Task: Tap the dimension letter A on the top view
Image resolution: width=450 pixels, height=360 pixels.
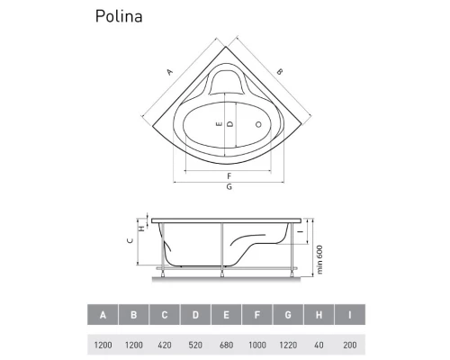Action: coord(170,72)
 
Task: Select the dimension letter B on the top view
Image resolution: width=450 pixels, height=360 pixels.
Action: coord(279,71)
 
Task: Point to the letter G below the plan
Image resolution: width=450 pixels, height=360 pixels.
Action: coord(229,186)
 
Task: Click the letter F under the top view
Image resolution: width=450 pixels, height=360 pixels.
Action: coord(229,175)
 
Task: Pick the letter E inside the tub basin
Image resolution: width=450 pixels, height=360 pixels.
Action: coord(218,123)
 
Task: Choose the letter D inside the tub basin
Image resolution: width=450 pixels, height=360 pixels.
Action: coord(230,123)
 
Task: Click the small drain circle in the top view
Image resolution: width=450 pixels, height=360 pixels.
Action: coord(259,123)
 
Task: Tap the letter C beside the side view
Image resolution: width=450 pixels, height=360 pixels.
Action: coord(130,241)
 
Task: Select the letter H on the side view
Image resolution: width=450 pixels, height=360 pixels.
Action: coord(141,227)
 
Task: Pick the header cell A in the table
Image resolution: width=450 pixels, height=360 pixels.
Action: coord(103,314)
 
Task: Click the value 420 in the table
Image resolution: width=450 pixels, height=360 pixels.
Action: coord(165,345)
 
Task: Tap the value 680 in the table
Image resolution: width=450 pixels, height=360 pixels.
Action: coord(227,345)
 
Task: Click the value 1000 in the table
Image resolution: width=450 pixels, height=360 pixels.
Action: coord(258,345)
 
